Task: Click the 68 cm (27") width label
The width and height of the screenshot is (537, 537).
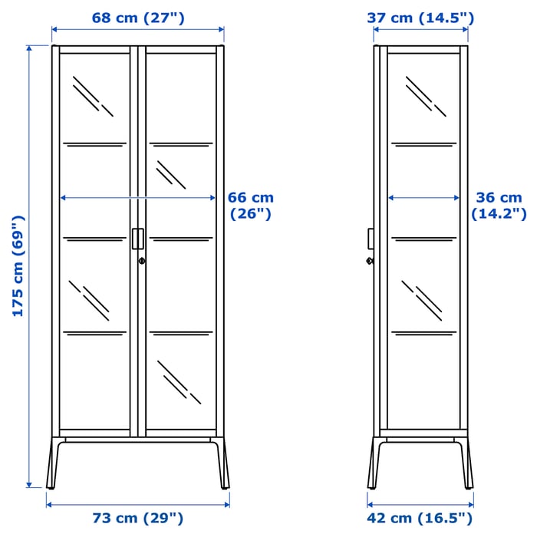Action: (138, 17)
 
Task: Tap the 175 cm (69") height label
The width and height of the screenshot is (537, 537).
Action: (18, 266)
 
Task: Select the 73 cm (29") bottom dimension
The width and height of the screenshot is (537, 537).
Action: (138, 519)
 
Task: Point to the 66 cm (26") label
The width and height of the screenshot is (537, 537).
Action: (252, 206)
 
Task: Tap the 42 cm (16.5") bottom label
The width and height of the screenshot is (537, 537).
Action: (420, 519)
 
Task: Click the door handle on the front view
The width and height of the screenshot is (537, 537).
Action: (137, 239)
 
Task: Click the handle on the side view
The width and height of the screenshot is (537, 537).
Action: (370, 239)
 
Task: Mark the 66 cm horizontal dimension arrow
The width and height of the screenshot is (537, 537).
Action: (138, 198)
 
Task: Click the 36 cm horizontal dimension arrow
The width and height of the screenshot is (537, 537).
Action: (423, 198)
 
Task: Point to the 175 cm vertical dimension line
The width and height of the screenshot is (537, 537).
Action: (30, 266)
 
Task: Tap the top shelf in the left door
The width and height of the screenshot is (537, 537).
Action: (94, 143)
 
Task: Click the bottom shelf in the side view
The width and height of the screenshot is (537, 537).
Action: (423, 332)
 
